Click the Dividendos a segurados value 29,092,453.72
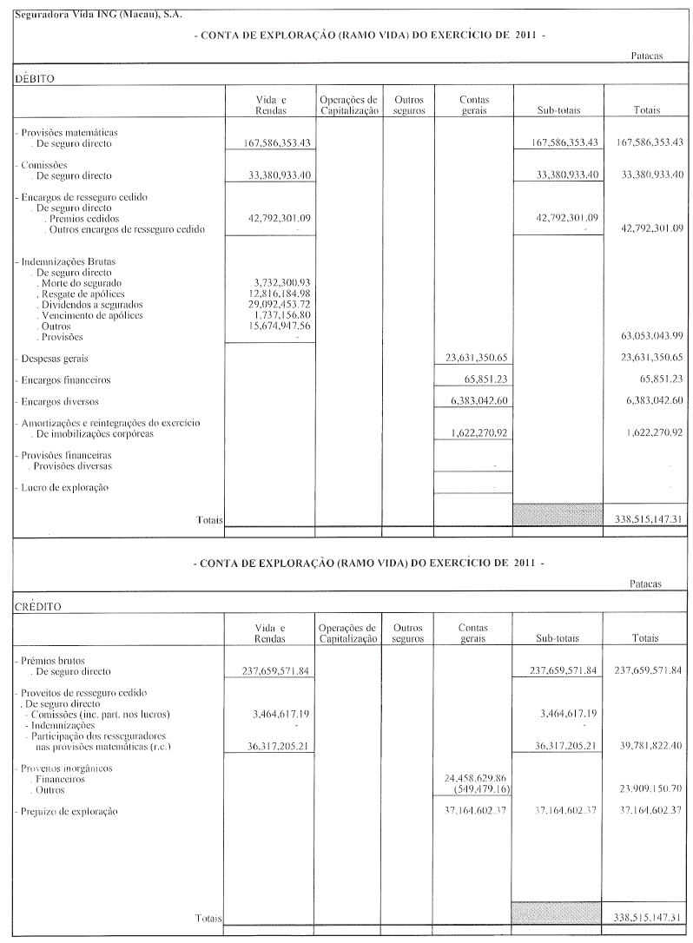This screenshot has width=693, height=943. point(274,305)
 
